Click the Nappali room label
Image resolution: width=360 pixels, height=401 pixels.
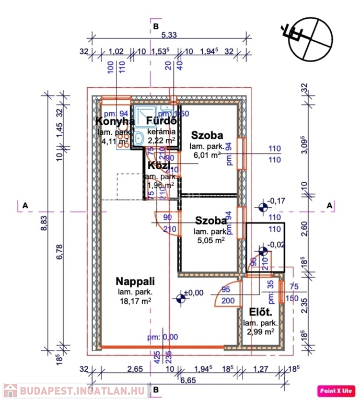point(135,281)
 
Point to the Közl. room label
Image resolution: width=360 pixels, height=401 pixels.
point(158,166)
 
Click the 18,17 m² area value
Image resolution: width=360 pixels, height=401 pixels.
point(135,301)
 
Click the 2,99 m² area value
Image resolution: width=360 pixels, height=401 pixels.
point(260,332)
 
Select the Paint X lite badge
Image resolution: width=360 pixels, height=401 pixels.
point(336,390)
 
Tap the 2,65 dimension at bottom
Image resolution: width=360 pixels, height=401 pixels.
point(134,369)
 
